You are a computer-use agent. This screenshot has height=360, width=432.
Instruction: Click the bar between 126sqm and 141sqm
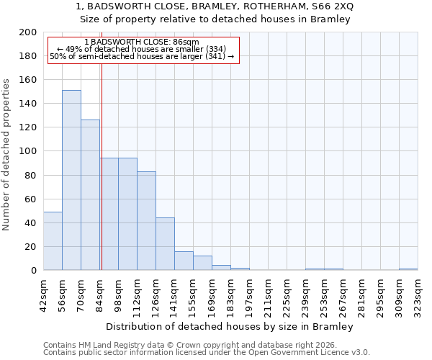(x=165, y=244)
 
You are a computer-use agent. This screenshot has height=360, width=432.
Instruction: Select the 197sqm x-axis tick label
(x=250, y=293)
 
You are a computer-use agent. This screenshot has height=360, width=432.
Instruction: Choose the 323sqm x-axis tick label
(x=418, y=293)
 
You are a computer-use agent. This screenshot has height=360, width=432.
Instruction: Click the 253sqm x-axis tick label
(x=325, y=293)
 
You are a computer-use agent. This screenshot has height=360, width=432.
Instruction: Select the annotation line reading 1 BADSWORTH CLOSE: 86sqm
(x=142, y=42)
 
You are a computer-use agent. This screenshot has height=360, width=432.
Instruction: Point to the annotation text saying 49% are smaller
(x=142, y=49)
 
